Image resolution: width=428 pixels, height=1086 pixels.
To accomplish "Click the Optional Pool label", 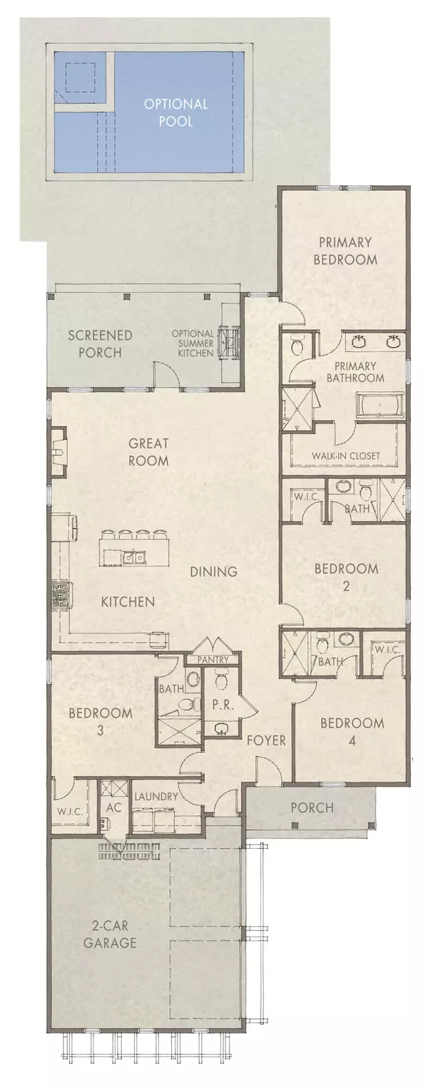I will tap(175, 113).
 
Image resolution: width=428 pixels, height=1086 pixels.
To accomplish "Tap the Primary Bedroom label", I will tap(347, 250).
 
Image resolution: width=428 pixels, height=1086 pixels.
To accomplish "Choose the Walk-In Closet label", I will tap(345, 455).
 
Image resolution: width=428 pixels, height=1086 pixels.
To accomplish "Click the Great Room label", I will tap(149, 452).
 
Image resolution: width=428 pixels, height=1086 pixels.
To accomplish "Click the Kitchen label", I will tap(128, 602).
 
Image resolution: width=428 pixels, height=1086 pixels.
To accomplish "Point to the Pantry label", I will tap(213, 660).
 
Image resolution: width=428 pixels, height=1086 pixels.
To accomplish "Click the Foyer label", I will tap(266, 740).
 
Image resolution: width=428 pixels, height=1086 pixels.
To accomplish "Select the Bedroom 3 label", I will tap(101, 721).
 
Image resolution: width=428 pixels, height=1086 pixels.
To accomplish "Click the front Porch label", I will tap(312, 807).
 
